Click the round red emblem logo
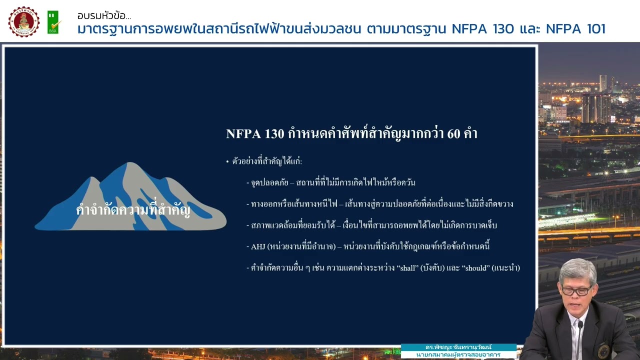23,21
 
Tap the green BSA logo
53,22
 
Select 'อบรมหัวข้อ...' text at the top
104,16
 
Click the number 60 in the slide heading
454,134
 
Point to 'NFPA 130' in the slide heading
255,134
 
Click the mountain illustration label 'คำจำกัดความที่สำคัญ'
133,210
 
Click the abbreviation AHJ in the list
258,246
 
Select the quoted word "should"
475,268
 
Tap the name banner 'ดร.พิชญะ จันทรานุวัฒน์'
458,347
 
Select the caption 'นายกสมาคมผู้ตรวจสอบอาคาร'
458,355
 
